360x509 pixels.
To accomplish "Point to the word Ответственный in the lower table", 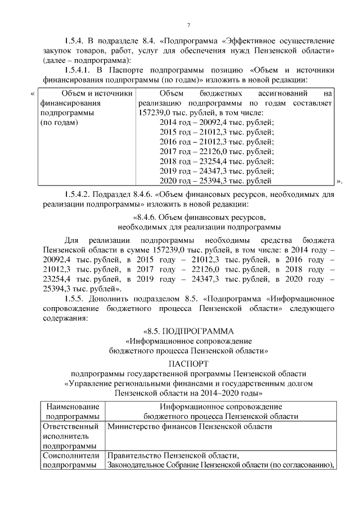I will point(71,426).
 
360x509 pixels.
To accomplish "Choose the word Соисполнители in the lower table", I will point(71,455).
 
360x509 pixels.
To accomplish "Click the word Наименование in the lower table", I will point(71,407).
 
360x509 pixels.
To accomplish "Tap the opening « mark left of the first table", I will point(33,93).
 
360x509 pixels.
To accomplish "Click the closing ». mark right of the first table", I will point(339,181).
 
